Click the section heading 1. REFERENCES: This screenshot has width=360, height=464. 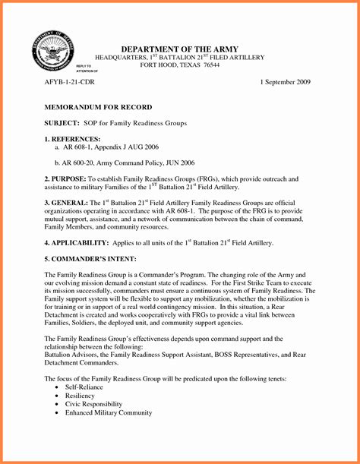72,139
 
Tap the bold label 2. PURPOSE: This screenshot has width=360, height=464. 68,179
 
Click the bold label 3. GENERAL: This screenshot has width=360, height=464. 66,204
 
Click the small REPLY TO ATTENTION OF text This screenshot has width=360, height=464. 87,69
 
